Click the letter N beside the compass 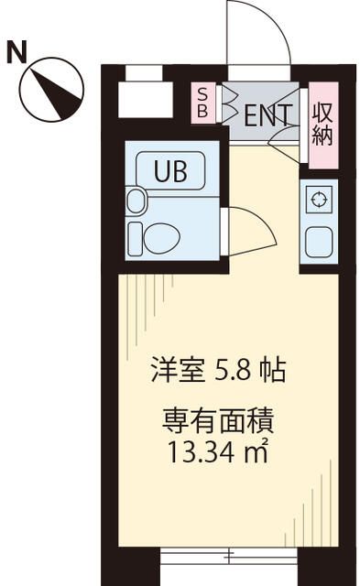click(16, 51)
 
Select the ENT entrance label click(267, 114)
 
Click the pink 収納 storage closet click(322, 125)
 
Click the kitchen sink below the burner click(318, 241)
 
